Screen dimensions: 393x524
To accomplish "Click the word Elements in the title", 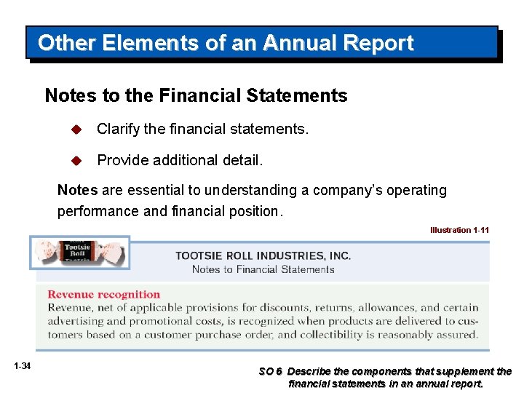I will pos(139,43).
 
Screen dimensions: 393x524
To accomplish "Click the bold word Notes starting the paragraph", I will pos(77,190).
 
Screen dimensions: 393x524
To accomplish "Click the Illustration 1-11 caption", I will pos(459,230).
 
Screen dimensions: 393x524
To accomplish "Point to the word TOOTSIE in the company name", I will pos(200,255).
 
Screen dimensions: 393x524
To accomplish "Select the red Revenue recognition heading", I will pos(103,294).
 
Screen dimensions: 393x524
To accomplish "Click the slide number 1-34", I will pos(22,365).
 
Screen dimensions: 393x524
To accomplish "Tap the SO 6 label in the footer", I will pos(271,371).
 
